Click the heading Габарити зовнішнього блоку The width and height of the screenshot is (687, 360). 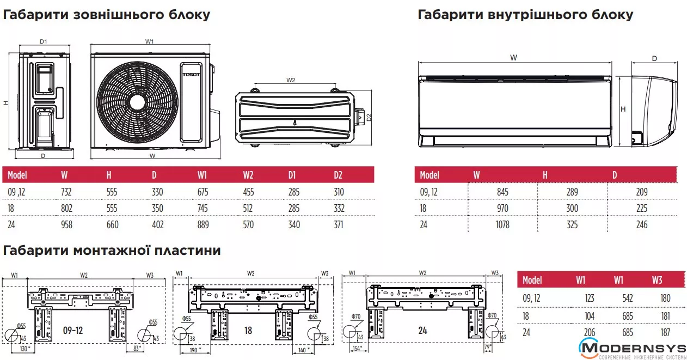pyautogui.click(x=107, y=15)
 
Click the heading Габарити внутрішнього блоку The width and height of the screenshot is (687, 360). pyautogui.click(x=525, y=15)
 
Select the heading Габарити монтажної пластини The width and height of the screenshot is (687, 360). pyautogui.click(x=112, y=251)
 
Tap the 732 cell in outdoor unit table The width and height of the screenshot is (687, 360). pyautogui.click(x=67, y=192)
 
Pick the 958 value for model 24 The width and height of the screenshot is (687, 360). pyautogui.click(x=67, y=224)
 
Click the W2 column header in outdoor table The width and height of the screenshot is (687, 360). pyautogui.click(x=248, y=175)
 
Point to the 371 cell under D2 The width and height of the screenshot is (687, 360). pyautogui.click(x=338, y=224)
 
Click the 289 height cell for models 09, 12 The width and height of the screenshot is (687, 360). pyautogui.click(x=572, y=192)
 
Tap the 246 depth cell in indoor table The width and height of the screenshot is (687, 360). pyautogui.click(x=642, y=224)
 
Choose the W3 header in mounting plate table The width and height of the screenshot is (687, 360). pyautogui.click(x=657, y=280)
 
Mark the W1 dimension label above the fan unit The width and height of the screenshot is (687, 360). pyautogui.click(x=150, y=41)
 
